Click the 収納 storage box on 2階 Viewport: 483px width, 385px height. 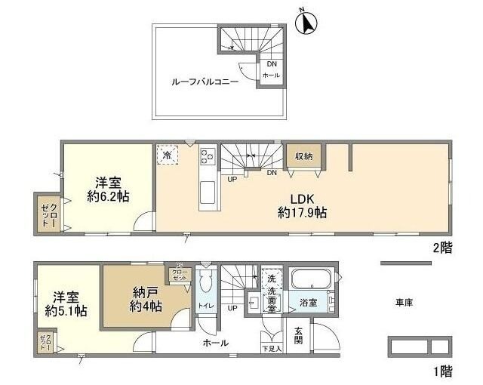(x=304, y=156)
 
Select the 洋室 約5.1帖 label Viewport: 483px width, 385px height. (x=62, y=303)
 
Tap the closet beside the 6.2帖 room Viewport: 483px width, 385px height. (x=47, y=213)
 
